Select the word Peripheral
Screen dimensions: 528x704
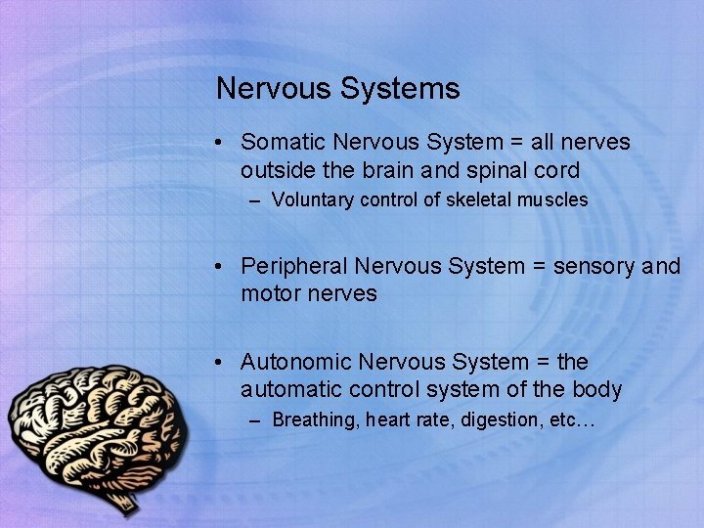point(294,266)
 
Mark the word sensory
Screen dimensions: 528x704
point(595,266)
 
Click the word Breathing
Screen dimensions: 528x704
point(315,420)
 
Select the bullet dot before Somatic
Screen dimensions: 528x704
point(224,144)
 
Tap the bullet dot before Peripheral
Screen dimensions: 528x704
point(224,267)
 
